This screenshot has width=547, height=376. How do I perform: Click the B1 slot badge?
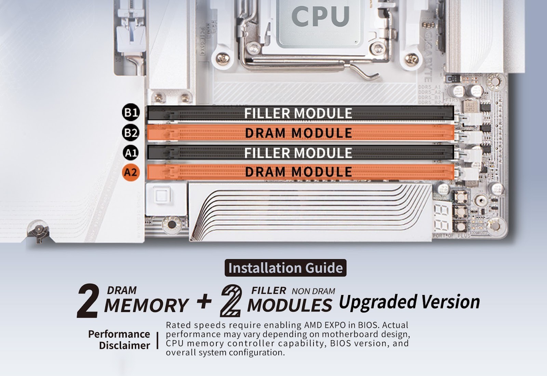131,112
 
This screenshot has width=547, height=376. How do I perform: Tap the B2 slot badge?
131,132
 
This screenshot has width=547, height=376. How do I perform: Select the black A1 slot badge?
131,152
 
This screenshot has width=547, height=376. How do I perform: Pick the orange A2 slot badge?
131,172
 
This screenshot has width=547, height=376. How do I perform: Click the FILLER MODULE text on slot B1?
298,113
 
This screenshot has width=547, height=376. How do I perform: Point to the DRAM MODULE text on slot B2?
298,133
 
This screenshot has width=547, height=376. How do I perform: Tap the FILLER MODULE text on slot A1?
298,152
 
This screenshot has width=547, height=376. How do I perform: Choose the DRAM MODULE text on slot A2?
298,172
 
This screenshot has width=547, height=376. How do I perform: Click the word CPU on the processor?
320,16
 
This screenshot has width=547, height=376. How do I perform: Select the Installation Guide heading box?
285,268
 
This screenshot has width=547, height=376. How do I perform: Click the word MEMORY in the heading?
146,305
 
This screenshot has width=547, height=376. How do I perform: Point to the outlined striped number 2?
231,301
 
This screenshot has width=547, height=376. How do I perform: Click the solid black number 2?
88,301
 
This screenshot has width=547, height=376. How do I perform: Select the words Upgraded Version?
409,302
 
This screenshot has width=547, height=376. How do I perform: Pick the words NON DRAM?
313,291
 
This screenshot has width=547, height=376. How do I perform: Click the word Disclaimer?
124,346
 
